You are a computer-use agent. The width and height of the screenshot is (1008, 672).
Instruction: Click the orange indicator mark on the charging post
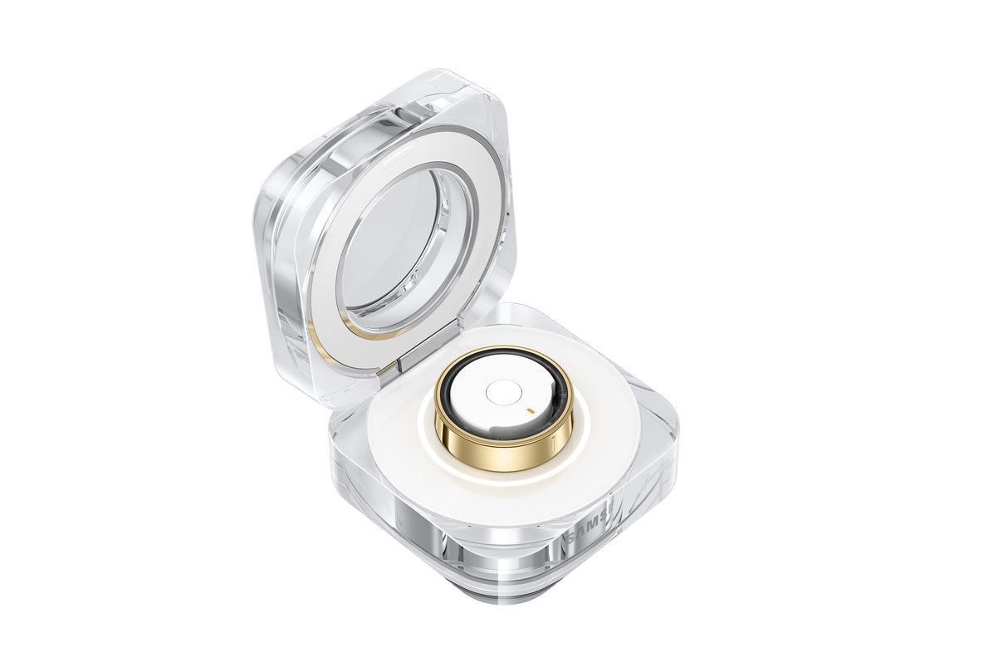[x=530, y=409]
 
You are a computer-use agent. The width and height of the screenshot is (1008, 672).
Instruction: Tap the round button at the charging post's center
[x=503, y=393]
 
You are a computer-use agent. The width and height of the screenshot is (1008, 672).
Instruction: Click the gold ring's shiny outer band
[x=503, y=449]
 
